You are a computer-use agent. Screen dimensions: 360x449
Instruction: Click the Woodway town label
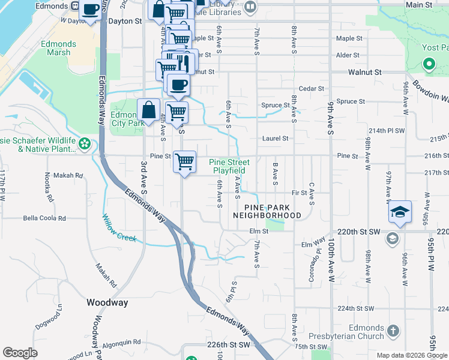107,303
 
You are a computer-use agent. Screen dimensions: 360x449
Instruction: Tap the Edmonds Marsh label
58,49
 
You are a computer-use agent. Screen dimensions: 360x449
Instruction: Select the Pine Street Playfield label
229,166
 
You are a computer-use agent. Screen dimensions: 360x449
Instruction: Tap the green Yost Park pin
429,63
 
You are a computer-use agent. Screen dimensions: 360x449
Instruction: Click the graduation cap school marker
400,212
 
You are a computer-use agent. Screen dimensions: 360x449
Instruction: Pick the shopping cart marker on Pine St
185,161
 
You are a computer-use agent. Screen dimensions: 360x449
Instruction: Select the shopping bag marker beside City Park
148,110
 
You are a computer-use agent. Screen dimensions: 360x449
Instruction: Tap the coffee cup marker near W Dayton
90,10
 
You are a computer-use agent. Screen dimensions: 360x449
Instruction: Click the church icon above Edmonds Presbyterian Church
393,331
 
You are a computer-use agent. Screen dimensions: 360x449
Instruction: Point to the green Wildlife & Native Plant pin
85,143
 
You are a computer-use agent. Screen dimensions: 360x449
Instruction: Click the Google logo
20,353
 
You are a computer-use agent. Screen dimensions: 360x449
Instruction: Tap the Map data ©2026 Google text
411,355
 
